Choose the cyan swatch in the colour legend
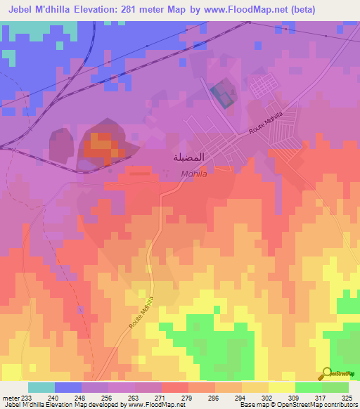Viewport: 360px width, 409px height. click(41, 387)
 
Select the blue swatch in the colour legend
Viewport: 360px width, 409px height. click(68, 387)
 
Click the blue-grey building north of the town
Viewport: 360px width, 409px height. click(223, 96)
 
